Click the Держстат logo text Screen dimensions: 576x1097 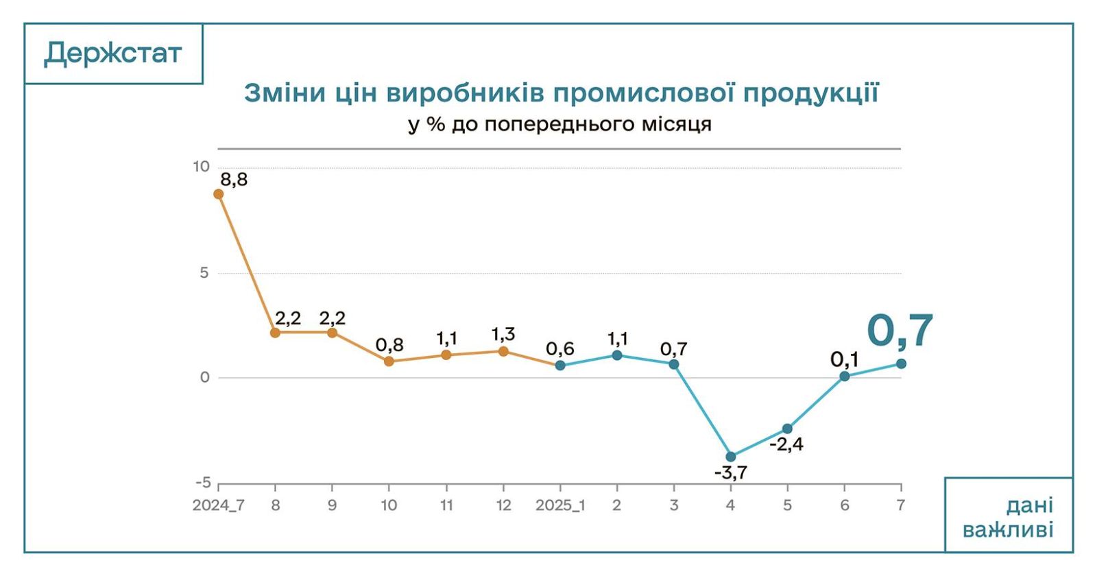[x=113, y=53]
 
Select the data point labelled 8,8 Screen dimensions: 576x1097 [x=218, y=194]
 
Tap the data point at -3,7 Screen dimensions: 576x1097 [x=731, y=457]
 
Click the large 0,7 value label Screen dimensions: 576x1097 [x=900, y=331]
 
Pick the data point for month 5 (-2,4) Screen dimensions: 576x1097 [x=788, y=429]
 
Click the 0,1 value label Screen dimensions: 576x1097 [x=844, y=359]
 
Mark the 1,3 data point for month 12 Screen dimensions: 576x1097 [x=503, y=351]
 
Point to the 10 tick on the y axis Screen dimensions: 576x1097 [x=201, y=167]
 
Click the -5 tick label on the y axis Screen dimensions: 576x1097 [x=203, y=483]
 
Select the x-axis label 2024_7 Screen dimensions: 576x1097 [x=218, y=505]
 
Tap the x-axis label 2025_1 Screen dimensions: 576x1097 [x=560, y=505]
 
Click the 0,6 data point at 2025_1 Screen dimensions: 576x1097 [x=560, y=365]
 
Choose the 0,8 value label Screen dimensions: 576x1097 [x=389, y=344]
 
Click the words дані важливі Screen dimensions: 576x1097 [x=1008, y=518]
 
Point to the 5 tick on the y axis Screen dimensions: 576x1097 [x=204, y=272]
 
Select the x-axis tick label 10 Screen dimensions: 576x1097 [x=389, y=505]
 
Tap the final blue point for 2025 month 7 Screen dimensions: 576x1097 [x=901, y=363]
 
